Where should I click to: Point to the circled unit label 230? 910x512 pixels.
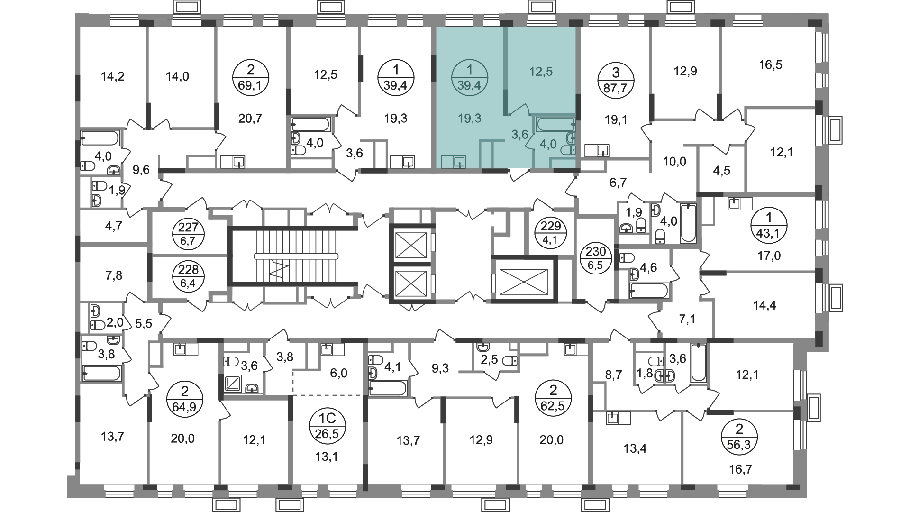pos(596,259)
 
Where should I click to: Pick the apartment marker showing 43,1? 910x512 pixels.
pos(769,225)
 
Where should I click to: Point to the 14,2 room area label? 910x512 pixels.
pos(113,76)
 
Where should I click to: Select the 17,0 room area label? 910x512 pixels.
pos(769,256)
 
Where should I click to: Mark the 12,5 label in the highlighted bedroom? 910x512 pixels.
pos(541,72)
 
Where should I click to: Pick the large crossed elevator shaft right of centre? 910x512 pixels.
pos(524,280)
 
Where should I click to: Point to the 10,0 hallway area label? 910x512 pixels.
pos(675,162)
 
